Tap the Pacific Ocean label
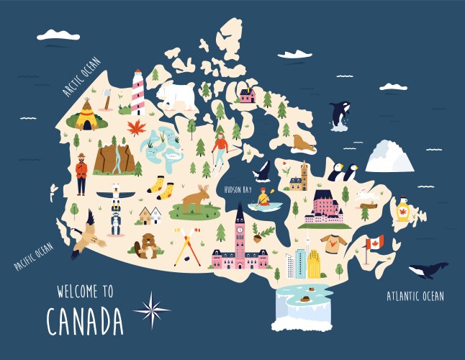pos(34,256)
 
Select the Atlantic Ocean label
pos(415,296)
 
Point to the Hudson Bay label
pos(238,189)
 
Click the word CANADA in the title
pos(85,320)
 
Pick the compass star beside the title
pos(152,310)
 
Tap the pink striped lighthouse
pos(137,93)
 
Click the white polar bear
pos(176,95)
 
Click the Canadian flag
pos(374,243)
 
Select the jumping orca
pos(339,114)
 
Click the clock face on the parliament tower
pos(240,230)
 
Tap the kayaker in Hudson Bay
pos(265,197)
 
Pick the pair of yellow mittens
pos(161,188)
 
